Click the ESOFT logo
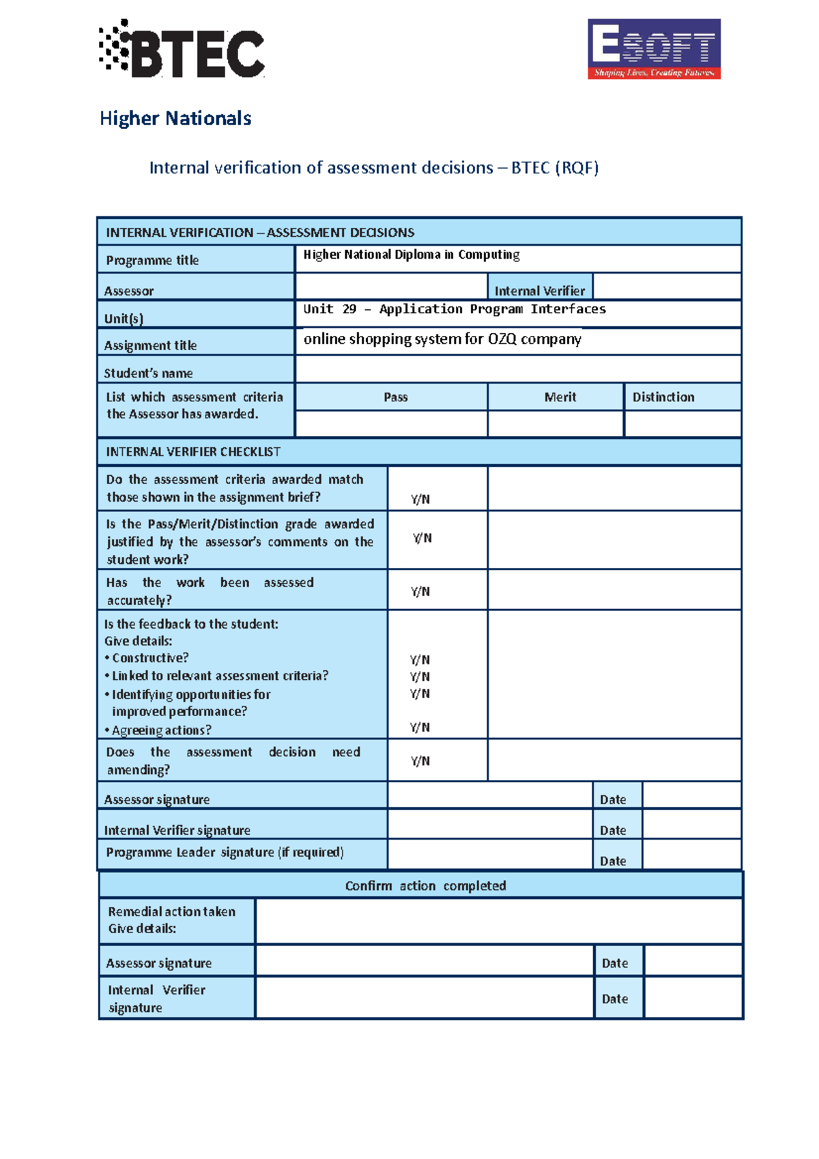point(653,49)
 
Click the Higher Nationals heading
point(175,118)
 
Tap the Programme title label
point(152,260)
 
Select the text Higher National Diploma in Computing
point(411,255)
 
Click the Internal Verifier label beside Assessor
point(539,291)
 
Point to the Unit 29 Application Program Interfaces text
point(454,309)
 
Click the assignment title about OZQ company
point(442,339)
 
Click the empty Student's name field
point(517,369)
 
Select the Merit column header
point(560,397)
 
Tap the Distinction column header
point(663,397)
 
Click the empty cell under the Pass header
point(391,423)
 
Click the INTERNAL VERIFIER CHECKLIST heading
point(193,452)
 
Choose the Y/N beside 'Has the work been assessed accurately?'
point(420,591)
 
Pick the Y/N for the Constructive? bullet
point(420,660)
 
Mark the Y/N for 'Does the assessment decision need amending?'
point(420,761)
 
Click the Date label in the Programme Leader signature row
point(612,861)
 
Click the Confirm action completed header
point(425,886)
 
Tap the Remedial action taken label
point(171,912)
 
